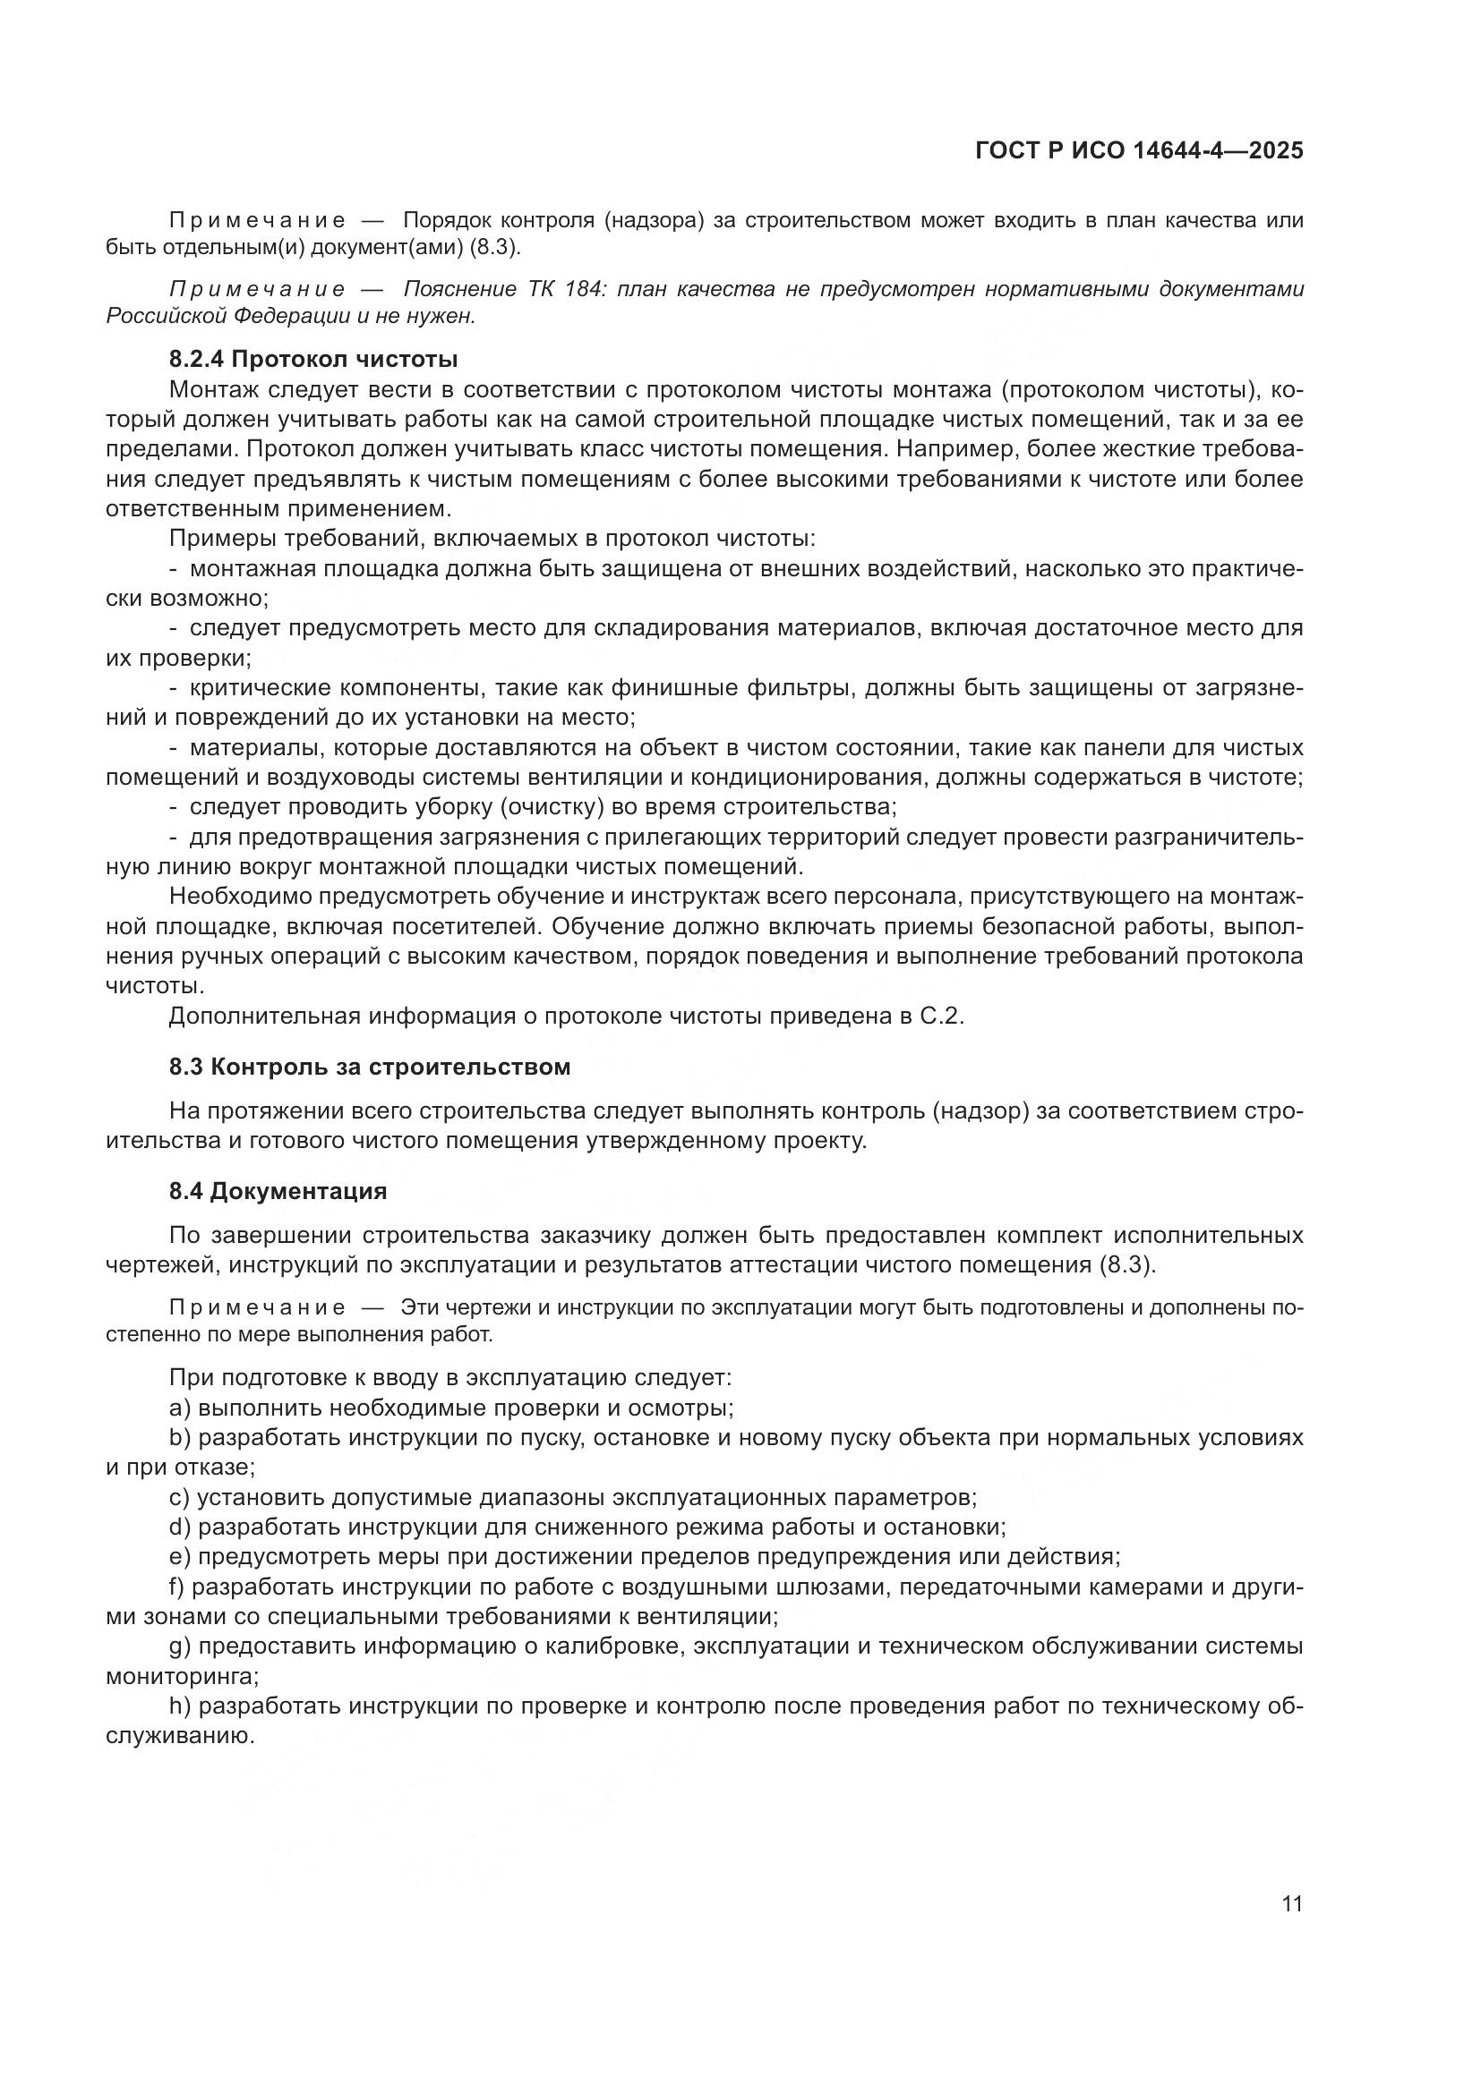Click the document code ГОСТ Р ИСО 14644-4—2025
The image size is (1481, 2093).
[1139, 151]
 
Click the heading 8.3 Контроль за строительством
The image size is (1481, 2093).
[369, 1068]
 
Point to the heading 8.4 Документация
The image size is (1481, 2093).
[278, 1191]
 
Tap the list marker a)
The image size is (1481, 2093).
[180, 1408]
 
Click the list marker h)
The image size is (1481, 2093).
[180, 1706]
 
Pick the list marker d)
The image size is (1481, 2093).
[180, 1527]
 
